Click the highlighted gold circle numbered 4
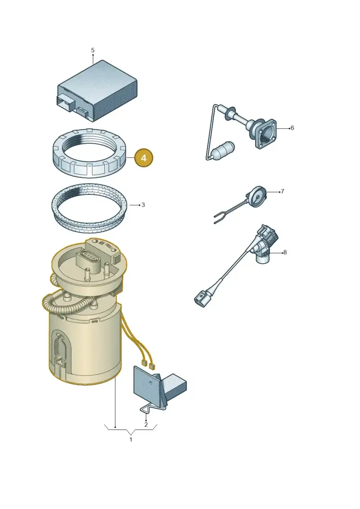tap(144, 158)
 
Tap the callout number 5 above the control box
tap(93, 50)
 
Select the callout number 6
tap(292, 128)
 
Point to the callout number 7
tap(283, 191)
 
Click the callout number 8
tap(285, 252)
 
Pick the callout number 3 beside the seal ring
tap(143, 205)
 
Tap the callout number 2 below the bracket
tap(146, 424)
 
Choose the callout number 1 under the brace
tap(131, 440)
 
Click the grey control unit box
tap(97, 90)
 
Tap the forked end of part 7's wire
tap(218, 217)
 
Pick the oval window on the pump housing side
tap(60, 350)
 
